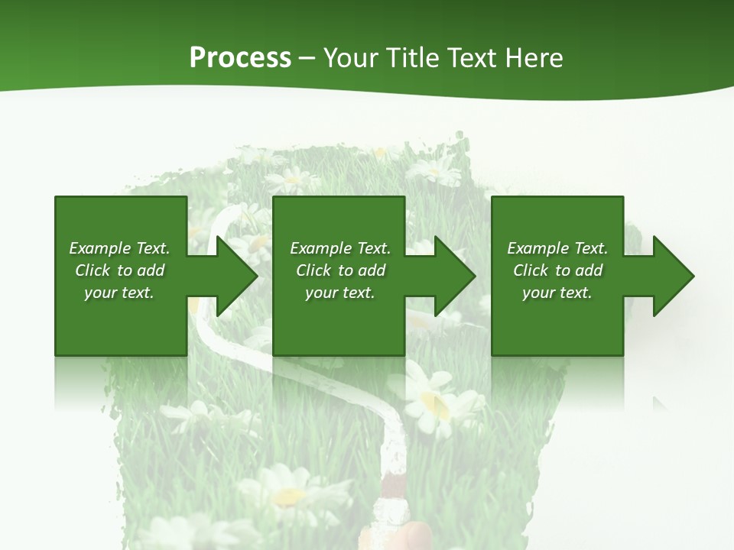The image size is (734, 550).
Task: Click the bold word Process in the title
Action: (x=240, y=58)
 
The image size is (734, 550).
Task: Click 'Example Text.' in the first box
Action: (x=119, y=248)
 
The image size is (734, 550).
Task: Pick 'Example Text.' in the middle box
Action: (x=340, y=248)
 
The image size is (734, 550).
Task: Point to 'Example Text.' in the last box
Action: (x=557, y=248)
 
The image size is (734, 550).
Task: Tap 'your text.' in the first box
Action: (x=119, y=293)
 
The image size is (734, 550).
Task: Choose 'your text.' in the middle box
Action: (x=340, y=293)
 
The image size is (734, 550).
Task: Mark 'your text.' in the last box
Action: (x=557, y=293)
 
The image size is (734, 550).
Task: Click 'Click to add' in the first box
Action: (x=119, y=270)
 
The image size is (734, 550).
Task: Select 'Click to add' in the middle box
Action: (x=340, y=270)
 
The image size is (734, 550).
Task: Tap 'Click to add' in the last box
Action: (x=557, y=270)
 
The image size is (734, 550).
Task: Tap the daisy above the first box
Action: (x=291, y=180)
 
